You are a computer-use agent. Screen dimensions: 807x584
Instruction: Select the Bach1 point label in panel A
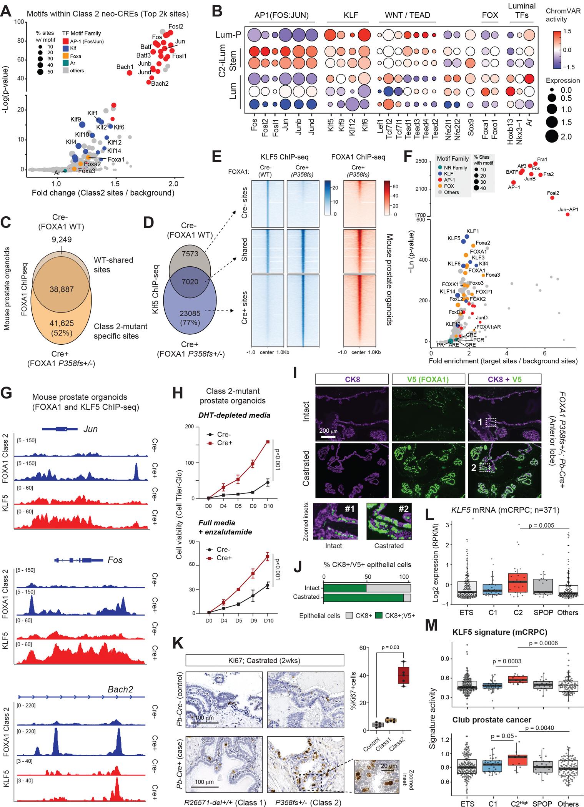click(125, 67)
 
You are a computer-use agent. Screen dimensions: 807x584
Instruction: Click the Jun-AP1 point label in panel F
click(567, 209)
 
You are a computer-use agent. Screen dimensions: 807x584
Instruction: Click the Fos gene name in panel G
click(115, 560)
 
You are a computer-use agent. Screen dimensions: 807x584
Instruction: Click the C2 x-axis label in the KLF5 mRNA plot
click(518, 613)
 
